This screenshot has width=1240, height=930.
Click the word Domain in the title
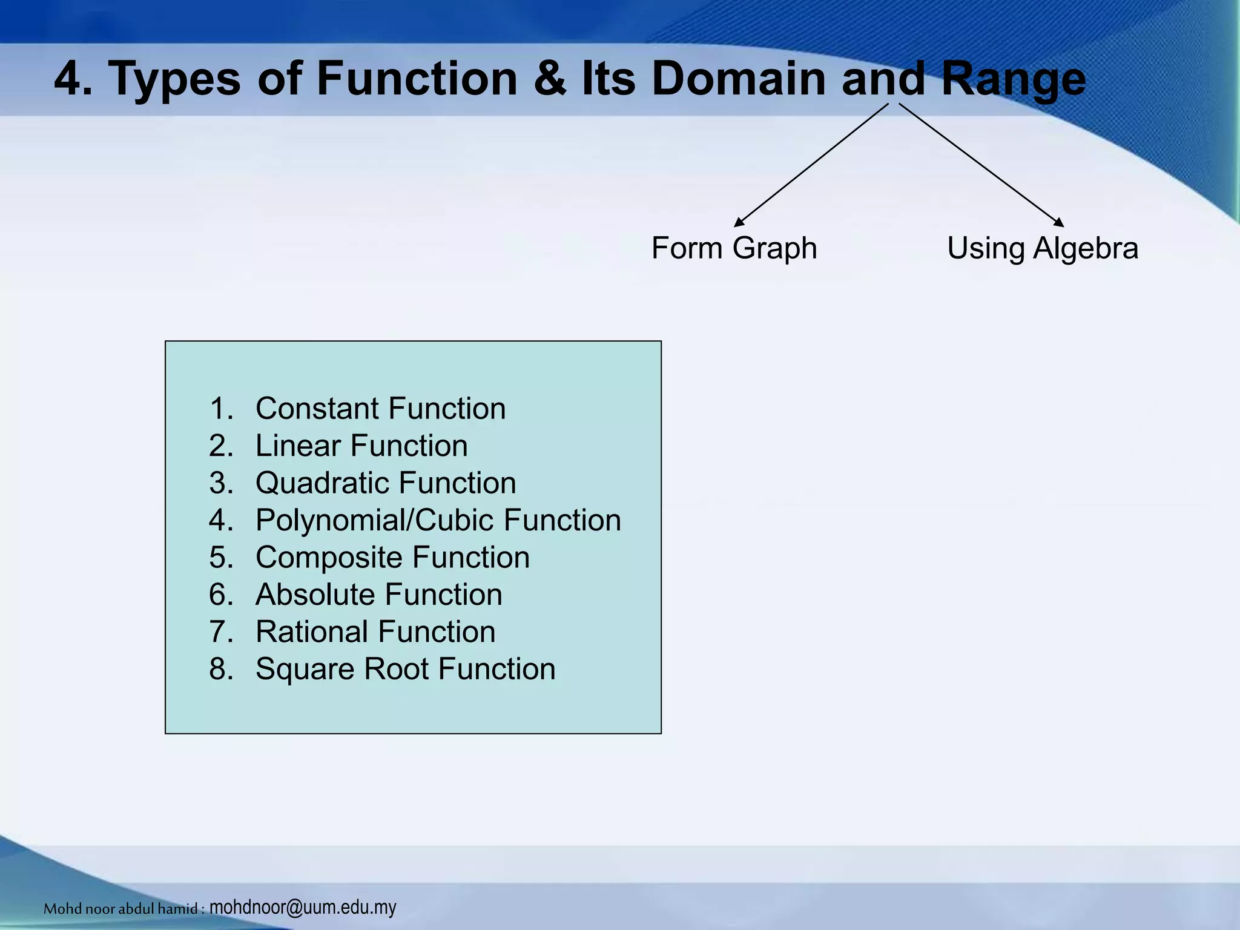coord(739,79)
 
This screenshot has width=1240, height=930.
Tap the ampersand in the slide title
coord(549,79)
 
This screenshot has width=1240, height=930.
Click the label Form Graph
coord(734,248)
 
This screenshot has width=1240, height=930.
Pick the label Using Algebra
coord(1042,248)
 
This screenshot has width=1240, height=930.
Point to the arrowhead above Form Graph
coord(738,223)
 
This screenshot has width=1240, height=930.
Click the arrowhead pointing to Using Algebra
coord(1059,223)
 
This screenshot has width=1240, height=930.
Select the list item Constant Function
coord(380,408)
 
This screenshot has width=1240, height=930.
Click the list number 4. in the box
coord(221,520)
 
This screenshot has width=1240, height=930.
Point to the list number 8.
coord(221,669)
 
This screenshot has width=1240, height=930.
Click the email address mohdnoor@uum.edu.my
coord(303,907)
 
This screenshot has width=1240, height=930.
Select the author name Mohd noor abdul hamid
coord(121,908)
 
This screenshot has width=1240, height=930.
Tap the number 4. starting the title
coord(73,79)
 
